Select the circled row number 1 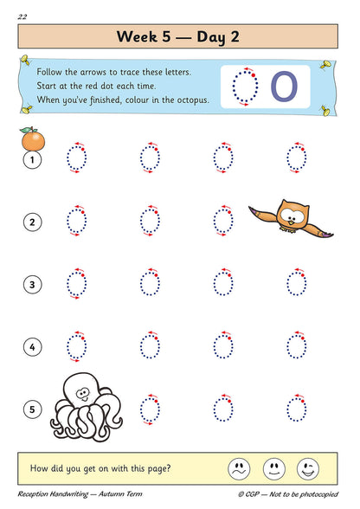point(32,160)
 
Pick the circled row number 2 point(32,222)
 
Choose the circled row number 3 point(32,284)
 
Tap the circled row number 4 point(32,347)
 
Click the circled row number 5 point(32,408)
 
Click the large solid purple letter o point(284,86)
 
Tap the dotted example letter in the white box point(247,87)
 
